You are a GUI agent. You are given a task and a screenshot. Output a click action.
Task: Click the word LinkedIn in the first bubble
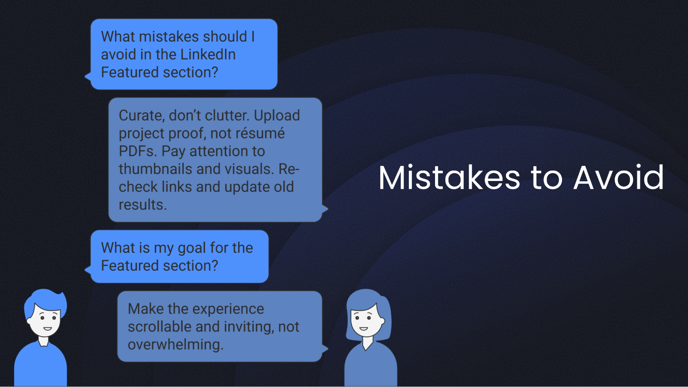point(208,54)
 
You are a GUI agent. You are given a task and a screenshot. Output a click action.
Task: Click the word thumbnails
point(155,169)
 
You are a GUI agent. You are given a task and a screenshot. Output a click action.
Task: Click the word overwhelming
point(175,345)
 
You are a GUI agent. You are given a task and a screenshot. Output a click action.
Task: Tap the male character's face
point(45,322)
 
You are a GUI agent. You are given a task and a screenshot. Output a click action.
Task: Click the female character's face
point(366,322)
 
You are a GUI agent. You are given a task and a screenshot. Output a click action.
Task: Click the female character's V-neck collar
point(367,344)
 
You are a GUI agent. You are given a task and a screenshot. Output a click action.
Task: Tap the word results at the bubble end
point(142,205)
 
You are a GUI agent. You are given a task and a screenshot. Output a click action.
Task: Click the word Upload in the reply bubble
point(277,116)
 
